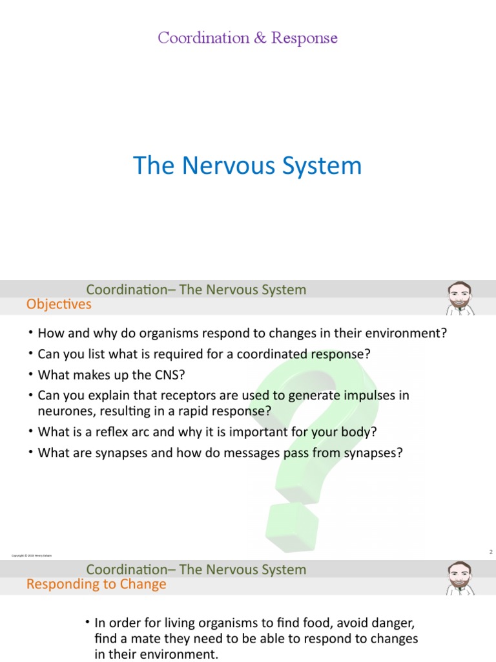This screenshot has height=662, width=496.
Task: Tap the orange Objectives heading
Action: click(x=59, y=304)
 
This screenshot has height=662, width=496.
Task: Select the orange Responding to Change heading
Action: click(x=96, y=584)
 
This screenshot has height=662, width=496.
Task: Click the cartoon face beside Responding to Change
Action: click(x=460, y=579)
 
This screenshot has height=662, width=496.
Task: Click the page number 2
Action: click(x=491, y=551)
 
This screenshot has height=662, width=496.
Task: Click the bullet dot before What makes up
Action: click(x=30, y=374)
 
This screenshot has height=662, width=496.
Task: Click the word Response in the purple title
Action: click(x=304, y=38)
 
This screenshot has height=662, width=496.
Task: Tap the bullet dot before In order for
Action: click(x=87, y=623)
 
